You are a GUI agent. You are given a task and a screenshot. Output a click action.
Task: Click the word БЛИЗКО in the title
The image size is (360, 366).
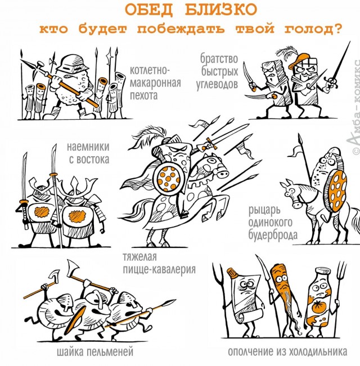pos(221,10)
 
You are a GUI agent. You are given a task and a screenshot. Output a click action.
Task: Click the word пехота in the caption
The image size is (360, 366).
pos(144,96)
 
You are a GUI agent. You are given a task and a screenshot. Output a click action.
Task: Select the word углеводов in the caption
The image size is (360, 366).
pos(217,84)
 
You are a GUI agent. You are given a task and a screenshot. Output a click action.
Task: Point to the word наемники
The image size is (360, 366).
pos(88,147)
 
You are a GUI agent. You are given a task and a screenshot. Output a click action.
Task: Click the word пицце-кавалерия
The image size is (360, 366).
pos(159,269)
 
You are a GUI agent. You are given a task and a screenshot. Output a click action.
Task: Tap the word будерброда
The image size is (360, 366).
pos(273,235)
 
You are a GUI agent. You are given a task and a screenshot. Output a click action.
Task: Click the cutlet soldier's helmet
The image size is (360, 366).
pos(73,63)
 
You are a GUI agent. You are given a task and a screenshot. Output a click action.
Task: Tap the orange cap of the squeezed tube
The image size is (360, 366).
pos(233,273)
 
